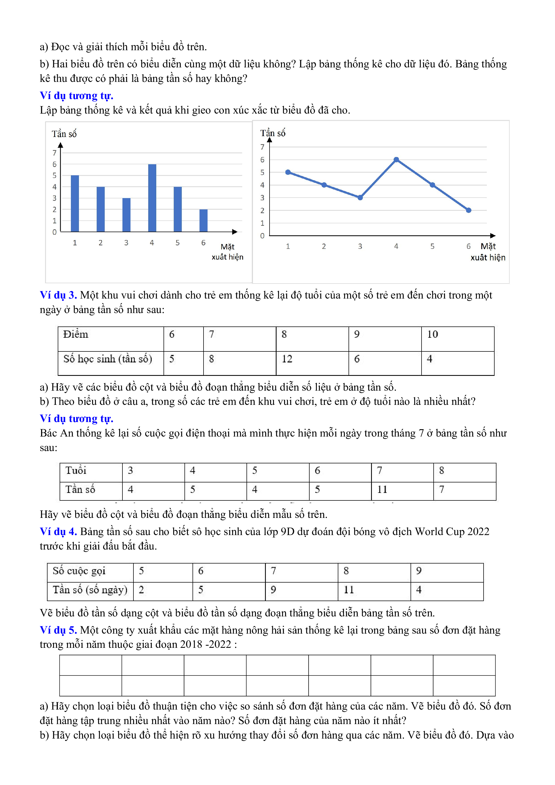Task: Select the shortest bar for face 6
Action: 204,220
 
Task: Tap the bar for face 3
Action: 126,215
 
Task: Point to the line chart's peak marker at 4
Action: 396,160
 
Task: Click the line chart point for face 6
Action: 469,210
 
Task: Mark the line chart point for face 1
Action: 288,172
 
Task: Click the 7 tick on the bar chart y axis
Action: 54,153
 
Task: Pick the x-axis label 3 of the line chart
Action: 360,246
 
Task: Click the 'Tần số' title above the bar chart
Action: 64,134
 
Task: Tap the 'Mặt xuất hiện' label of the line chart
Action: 488,252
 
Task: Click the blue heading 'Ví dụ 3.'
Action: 58,295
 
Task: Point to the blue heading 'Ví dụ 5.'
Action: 58,630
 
